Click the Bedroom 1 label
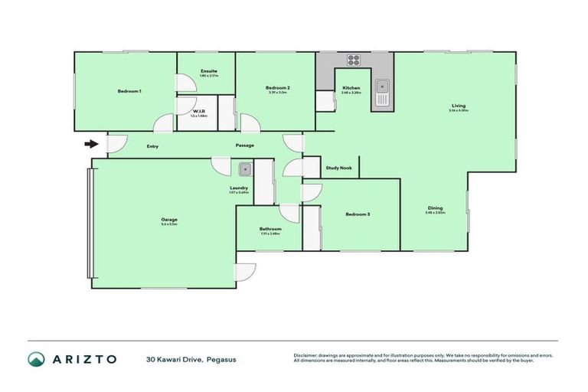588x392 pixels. point(129,91)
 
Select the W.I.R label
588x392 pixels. point(198,112)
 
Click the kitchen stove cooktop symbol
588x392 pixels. point(354,60)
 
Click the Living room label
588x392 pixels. point(459,106)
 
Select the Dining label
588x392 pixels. point(435,207)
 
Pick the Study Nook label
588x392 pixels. point(338,168)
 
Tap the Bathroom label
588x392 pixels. point(270,229)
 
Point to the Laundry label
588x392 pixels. point(238,188)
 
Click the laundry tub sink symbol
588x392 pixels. point(245,169)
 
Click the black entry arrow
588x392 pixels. point(92,143)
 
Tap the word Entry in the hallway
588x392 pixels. point(152,145)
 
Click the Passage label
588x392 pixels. point(245,145)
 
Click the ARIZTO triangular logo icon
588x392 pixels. point(37,358)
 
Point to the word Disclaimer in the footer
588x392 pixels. point(308,354)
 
